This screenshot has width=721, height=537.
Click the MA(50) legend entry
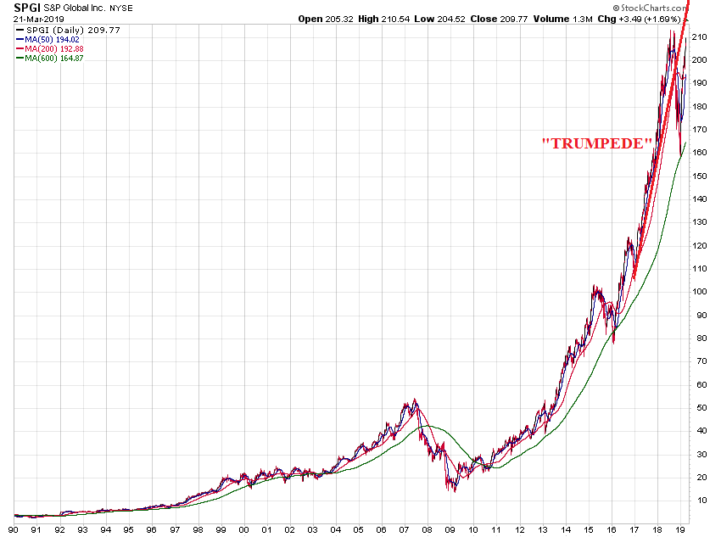coord(50,40)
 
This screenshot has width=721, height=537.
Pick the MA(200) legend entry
coord(53,49)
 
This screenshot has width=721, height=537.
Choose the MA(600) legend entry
coord(53,59)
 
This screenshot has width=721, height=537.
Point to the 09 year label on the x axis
coord(450,529)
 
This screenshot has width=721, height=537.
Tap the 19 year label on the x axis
coord(679,529)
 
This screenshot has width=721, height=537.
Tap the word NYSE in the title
coord(147,8)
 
